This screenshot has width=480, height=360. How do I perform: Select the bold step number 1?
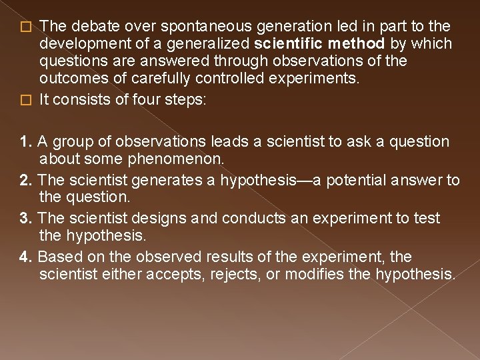(27, 141)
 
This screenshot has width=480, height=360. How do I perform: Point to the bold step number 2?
(27, 180)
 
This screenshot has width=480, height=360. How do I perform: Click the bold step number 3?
(27, 218)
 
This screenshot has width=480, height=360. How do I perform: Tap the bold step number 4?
(27, 257)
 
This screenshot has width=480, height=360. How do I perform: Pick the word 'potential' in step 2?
(349, 180)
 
